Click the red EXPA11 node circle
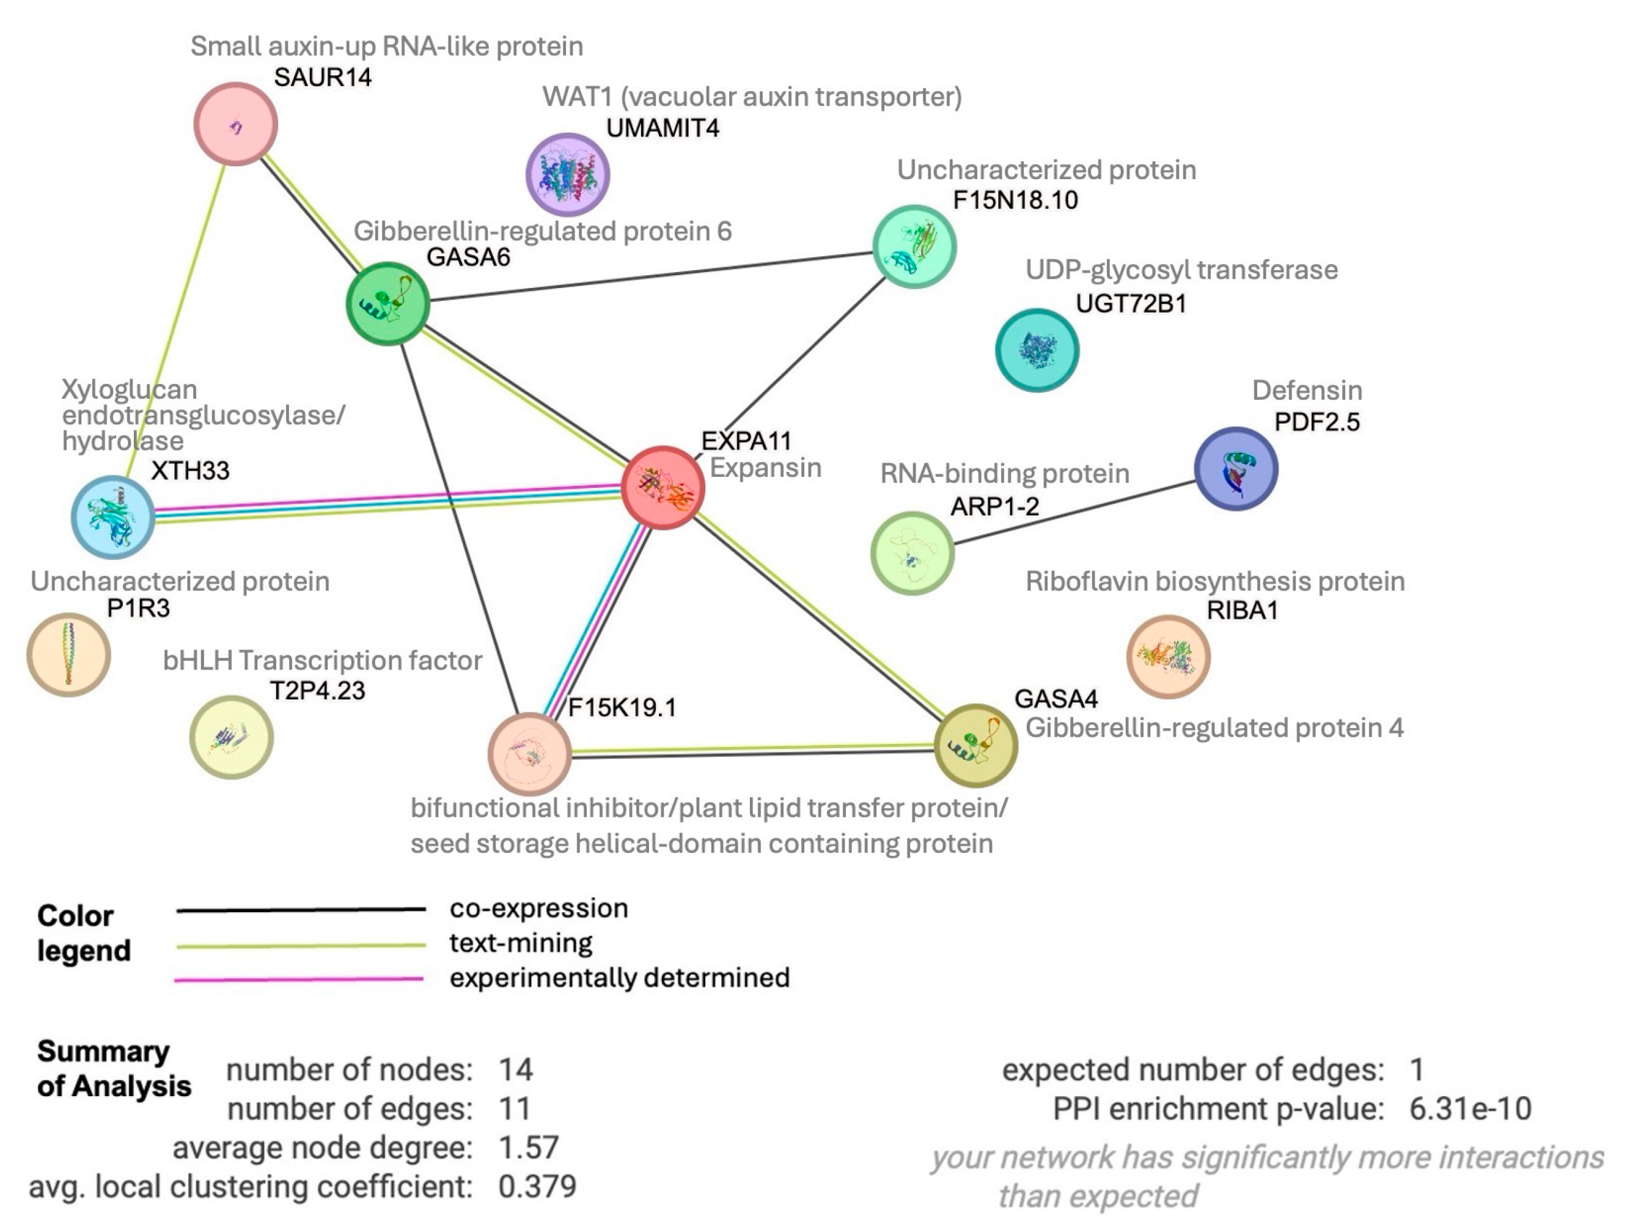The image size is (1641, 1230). tap(662, 487)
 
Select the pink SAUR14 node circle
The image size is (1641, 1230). tap(235, 124)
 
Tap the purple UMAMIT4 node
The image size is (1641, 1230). tap(568, 174)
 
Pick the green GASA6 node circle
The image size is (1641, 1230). tap(387, 303)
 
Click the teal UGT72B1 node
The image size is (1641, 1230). tap(1037, 350)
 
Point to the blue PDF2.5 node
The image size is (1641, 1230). tap(1235, 468)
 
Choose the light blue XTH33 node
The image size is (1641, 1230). tap(113, 517)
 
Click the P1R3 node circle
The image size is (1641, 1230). tap(68, 654)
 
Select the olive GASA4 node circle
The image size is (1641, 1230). tap(974, 744)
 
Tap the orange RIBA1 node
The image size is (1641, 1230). tap(1168, 657)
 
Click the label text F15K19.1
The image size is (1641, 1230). tap(622, 707)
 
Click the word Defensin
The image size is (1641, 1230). tap(1307, 390)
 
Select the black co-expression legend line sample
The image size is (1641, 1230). tap(301, 910)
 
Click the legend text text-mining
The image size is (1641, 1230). tap(521, 943)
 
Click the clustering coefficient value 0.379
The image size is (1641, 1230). tap(537, 1186)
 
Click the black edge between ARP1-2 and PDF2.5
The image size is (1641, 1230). tap(1074, 513)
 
